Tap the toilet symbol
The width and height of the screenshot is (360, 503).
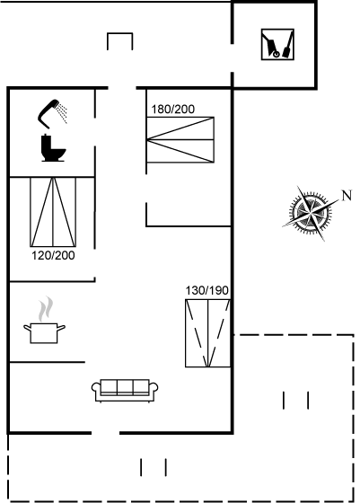(53, 148)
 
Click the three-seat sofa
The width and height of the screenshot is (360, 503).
(125, 391)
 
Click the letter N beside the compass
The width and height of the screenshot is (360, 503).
(347, 196)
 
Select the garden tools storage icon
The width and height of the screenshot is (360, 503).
(277, 44)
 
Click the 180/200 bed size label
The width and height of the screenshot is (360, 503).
(172, 110)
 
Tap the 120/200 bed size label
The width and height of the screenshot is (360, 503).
(53, 256)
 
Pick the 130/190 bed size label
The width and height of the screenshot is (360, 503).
(207, 291)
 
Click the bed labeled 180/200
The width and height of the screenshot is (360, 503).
(180, 140)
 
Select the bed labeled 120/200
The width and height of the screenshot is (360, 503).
(53, 212)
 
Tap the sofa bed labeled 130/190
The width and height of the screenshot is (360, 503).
(207, 333)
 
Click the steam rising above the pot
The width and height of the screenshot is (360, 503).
(46, 309)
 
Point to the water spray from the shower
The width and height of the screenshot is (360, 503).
(62, 112)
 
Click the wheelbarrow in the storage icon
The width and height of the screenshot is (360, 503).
(271, 46)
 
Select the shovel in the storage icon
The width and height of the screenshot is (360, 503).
(287, 45)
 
